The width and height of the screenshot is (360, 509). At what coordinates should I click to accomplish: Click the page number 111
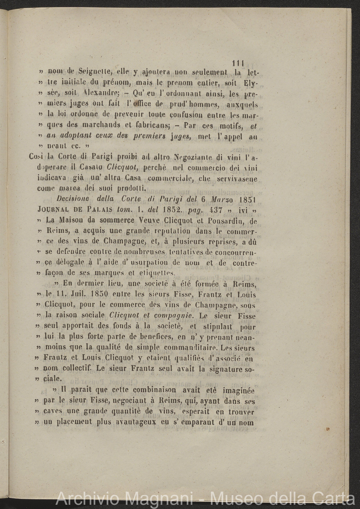tap(239, 63)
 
